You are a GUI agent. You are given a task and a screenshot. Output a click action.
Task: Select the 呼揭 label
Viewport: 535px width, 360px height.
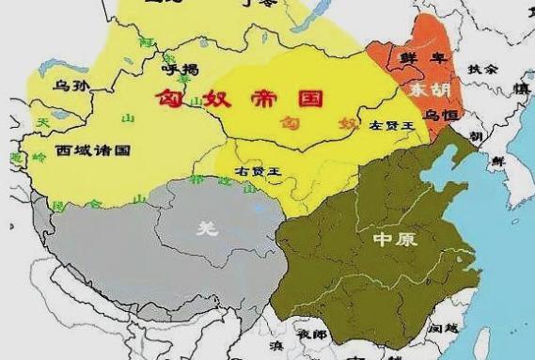click(x=180, y=68)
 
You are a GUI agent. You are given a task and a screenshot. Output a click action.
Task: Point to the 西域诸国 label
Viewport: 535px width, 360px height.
click(x=91, y=149)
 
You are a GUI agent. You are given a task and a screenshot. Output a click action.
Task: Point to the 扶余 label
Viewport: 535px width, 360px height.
click(x=483, y=69)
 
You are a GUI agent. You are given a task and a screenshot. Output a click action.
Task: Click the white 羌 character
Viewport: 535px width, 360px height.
click(x=203, y=226)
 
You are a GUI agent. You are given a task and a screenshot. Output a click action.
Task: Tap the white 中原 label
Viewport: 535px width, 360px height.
click(x=393, y=240)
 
